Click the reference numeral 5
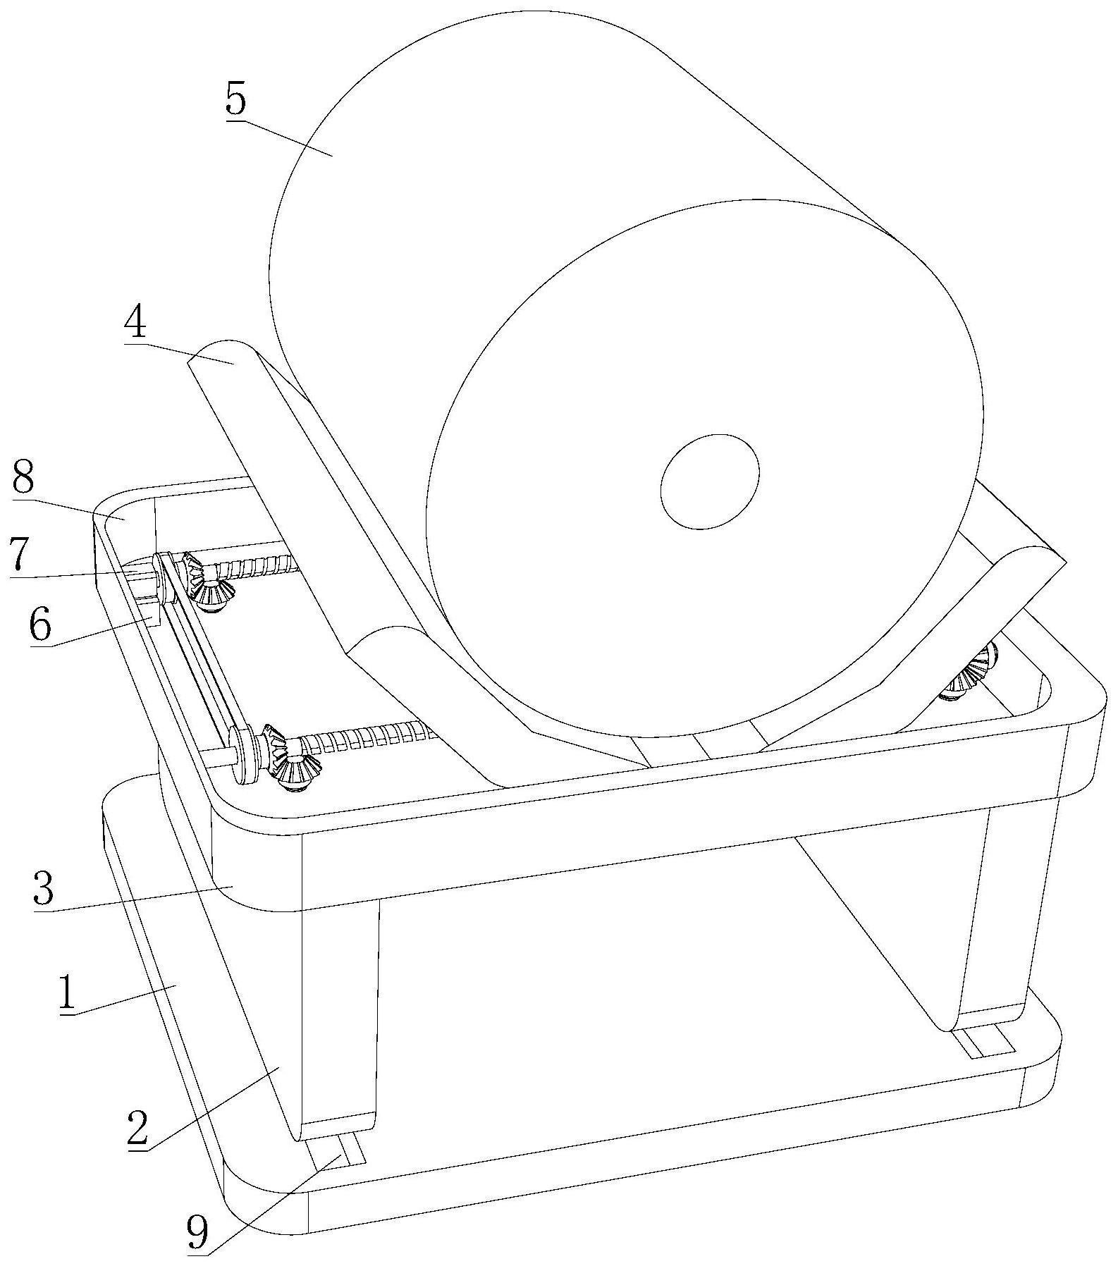click(x=236, y=100)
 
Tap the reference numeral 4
click(x=135, y=324)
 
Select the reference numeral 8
click(x=23, y=479)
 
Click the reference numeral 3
click(x=43, y=890)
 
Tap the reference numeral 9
click(x=197, y=1230)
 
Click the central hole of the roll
click(x=709, y=481)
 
